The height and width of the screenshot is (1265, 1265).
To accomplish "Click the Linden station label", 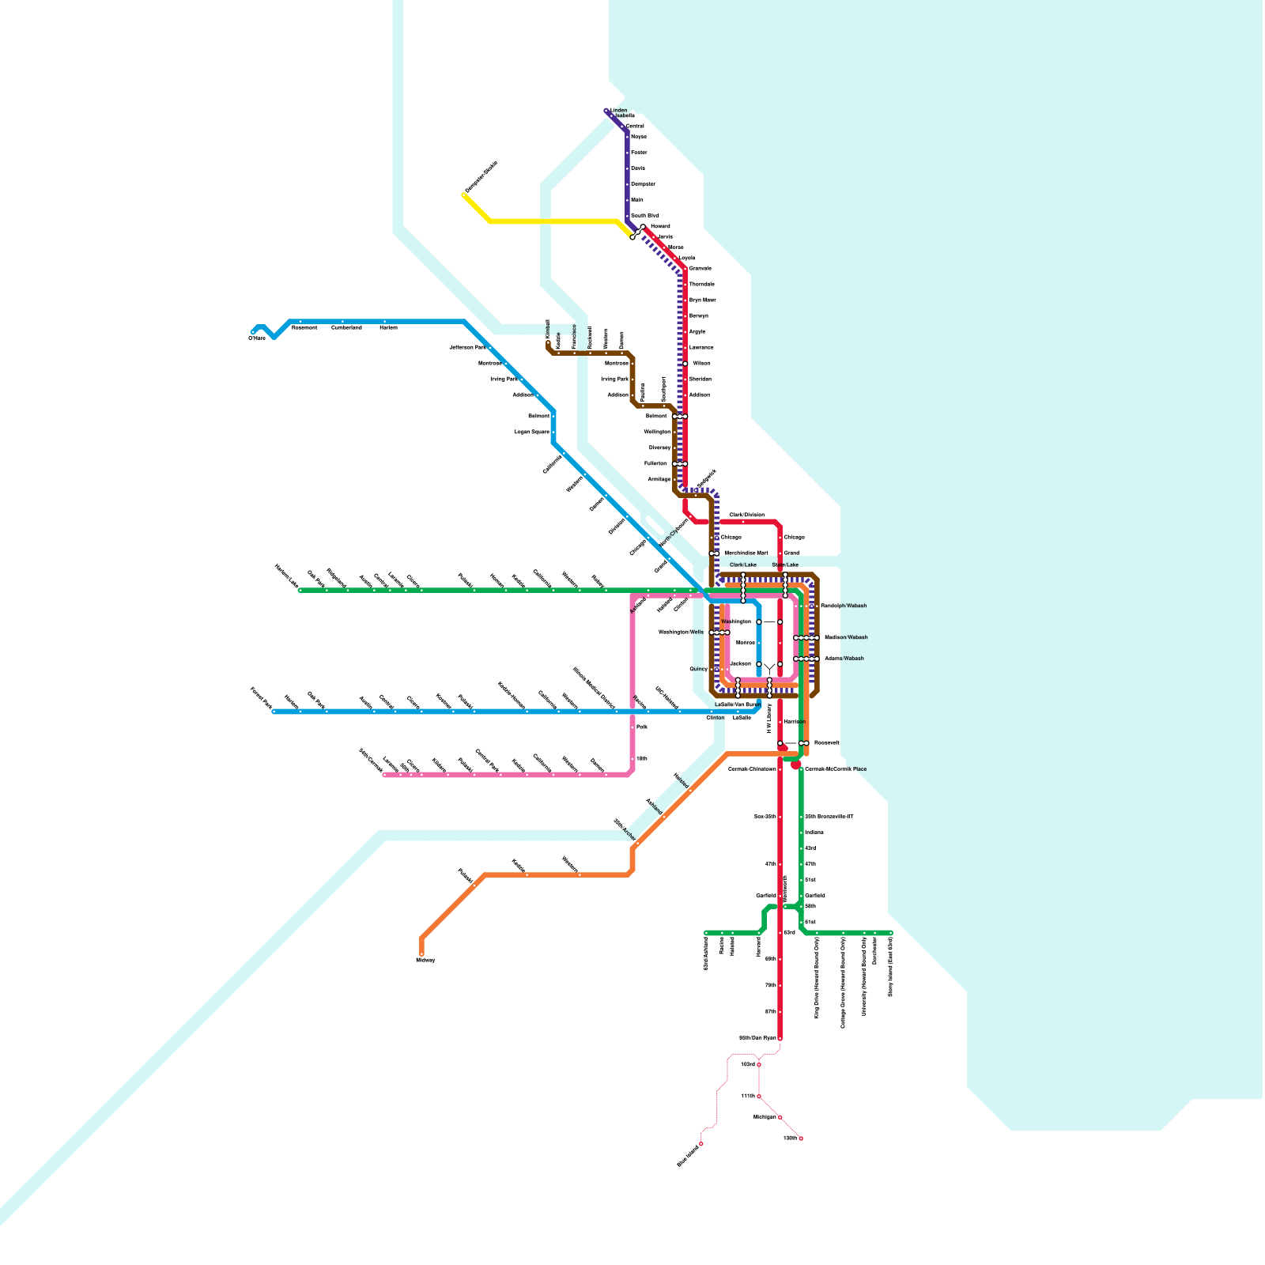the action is (619, 111).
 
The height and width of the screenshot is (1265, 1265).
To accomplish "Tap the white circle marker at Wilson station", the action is (685, 364).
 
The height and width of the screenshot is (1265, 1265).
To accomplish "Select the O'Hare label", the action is (257, 338).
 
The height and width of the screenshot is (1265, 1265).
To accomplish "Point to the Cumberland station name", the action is (346, 327).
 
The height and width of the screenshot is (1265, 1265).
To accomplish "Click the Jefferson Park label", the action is (467, 347).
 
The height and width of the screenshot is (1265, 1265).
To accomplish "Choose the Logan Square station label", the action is (531, 432).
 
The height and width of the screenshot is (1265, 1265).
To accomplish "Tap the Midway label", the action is (425, 960).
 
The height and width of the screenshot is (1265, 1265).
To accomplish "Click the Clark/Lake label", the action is (743, 565).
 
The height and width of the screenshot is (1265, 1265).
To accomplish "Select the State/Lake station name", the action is (785, 565).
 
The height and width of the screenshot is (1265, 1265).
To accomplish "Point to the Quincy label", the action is (698, 669).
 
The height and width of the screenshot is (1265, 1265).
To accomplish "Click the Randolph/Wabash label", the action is (844, 606).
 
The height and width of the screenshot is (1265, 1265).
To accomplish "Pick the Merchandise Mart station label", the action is (746, 553).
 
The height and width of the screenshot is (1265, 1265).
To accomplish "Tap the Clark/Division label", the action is (746, 515).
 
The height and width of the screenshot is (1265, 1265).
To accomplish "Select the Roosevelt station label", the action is (827, 743).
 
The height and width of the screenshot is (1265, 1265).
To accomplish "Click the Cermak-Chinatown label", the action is (752, 769).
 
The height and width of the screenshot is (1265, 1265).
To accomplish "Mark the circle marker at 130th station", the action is (801, 1138).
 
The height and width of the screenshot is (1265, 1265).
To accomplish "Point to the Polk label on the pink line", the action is (642, 727).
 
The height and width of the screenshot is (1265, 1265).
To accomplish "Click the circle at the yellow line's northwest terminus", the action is (464, 195).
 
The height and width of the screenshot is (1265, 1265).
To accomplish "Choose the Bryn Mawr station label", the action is (702, 300).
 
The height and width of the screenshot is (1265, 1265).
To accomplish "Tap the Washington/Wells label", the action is (681, 632).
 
